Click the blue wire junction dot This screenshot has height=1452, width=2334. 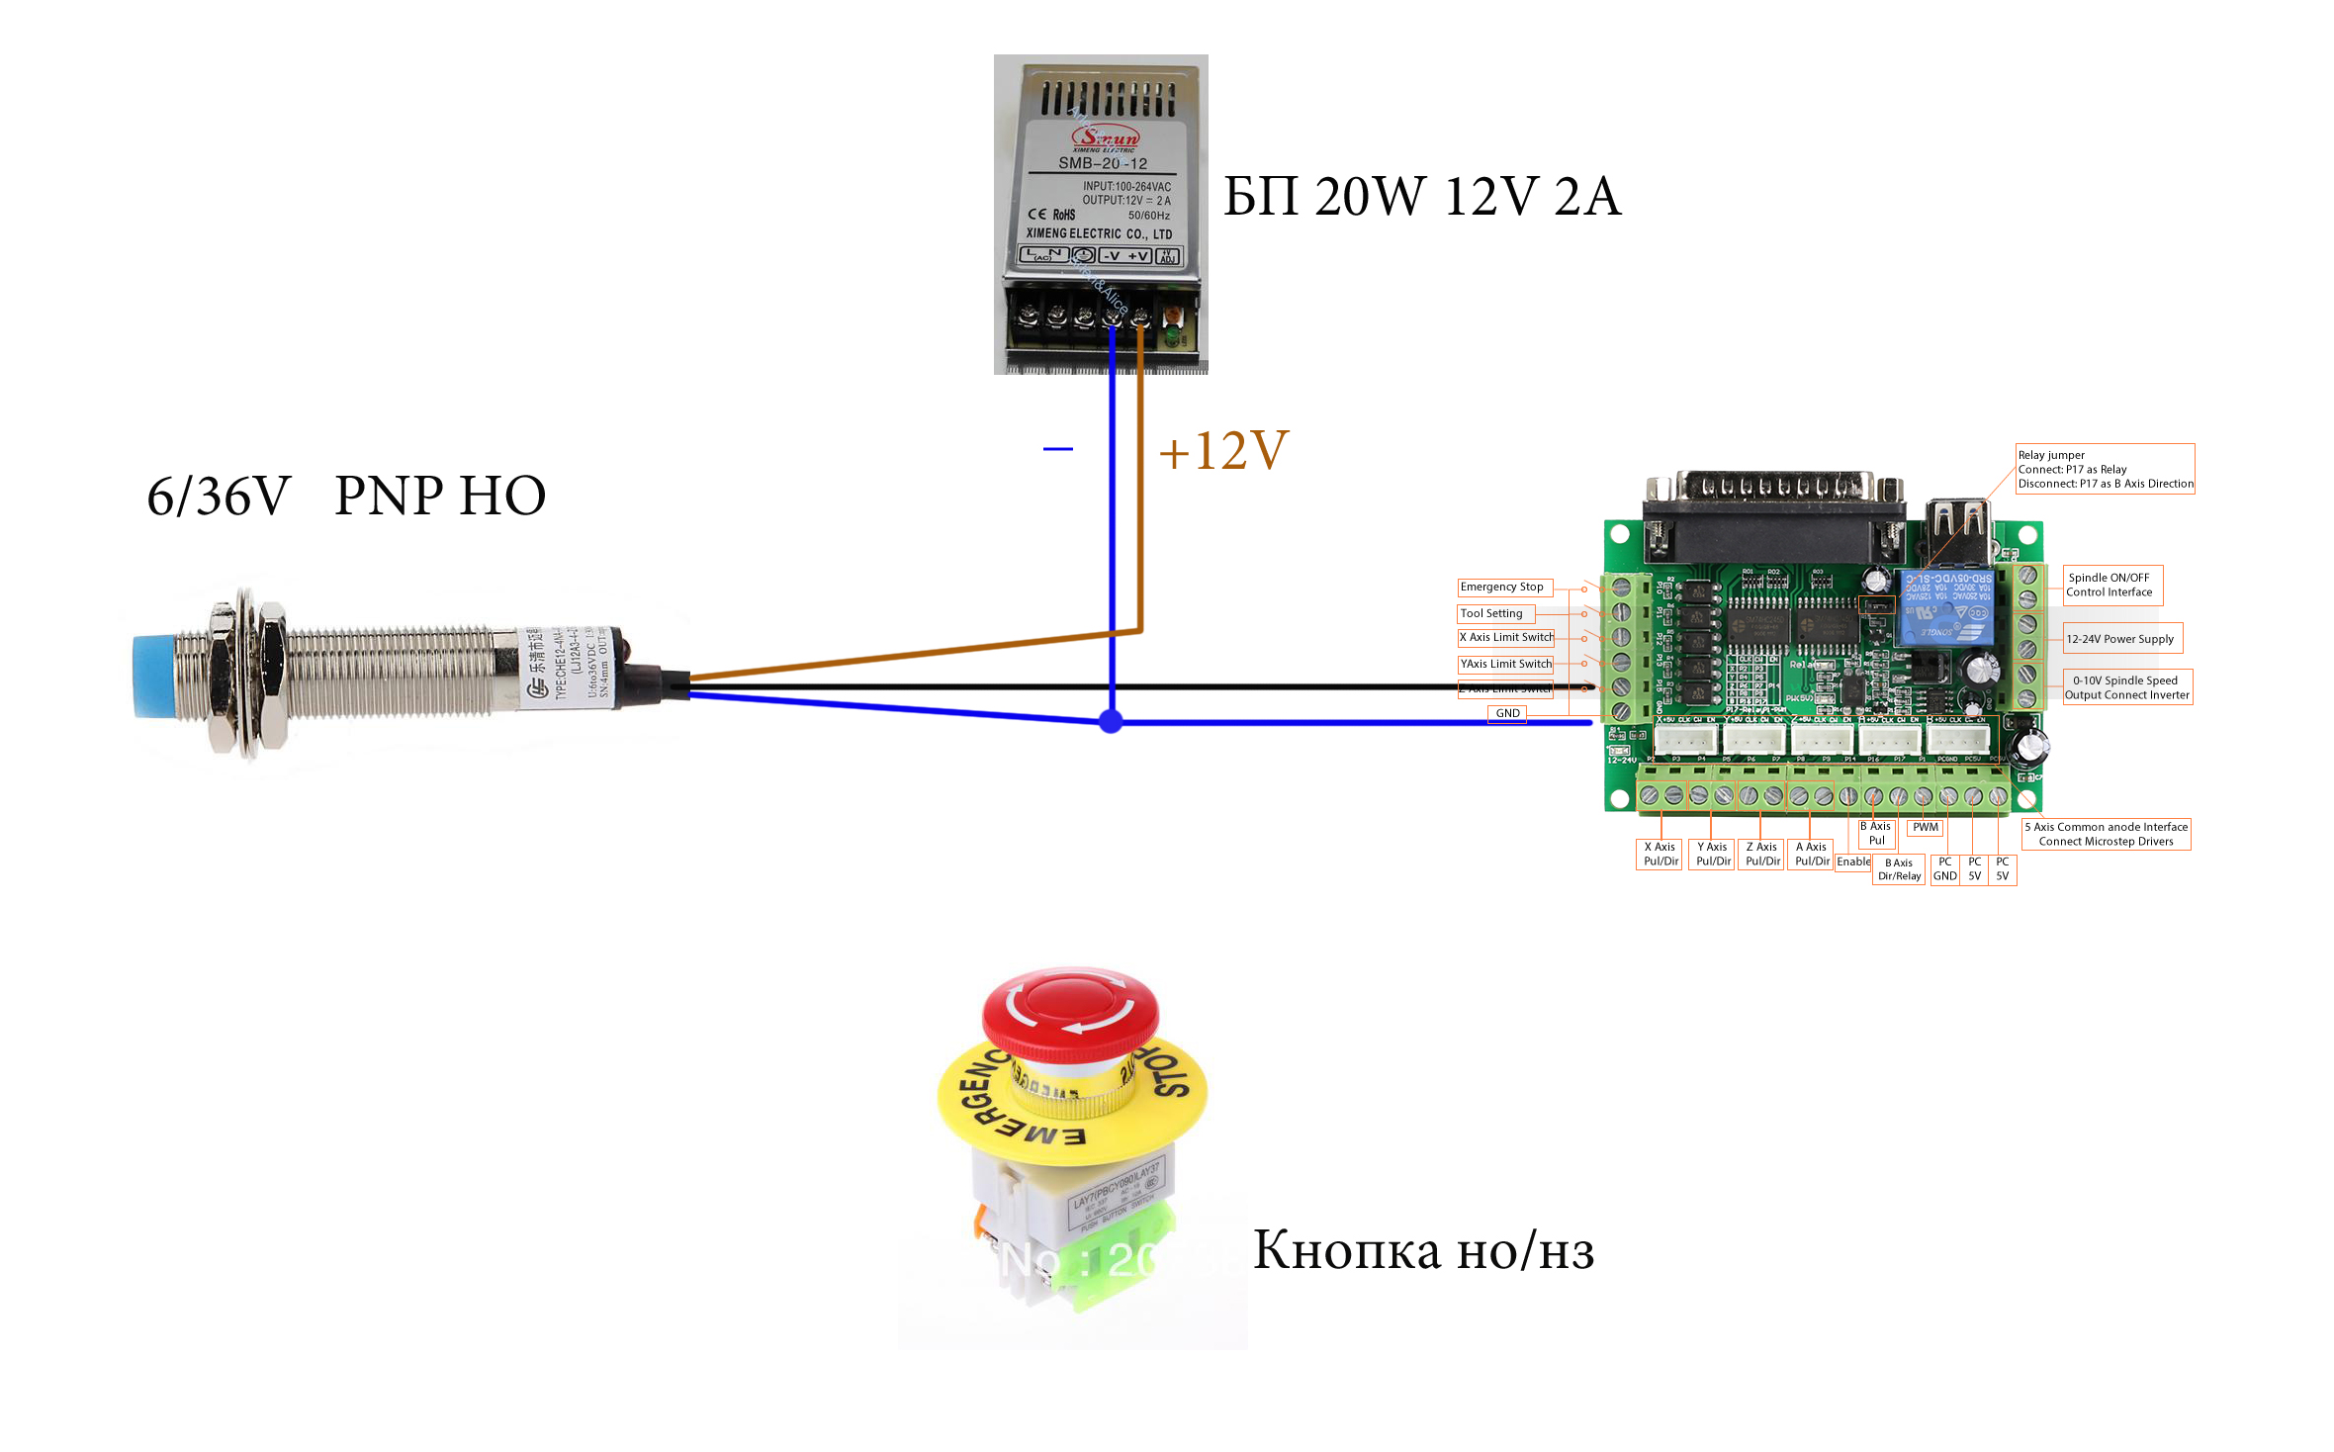coord(1112,721)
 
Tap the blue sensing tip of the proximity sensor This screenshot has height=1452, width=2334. coord(153,677)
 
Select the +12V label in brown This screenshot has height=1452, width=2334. coord(1224,451)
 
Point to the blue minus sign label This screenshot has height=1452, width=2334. coord(1057,449)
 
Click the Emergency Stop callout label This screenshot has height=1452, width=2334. coord(1503,588)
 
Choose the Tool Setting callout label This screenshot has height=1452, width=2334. coord(1493,614)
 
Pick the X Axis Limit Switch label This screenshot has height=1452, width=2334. coord(1506,638)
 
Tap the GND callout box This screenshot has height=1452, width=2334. coord(1507,713)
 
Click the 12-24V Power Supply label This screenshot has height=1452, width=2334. coord(2120,639)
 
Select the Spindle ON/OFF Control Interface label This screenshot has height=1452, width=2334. coord(2110,586)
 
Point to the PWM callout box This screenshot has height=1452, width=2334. coord(1925,828)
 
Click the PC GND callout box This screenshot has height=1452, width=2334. coord(1944,869)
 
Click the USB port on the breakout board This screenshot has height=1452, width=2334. coord(1957,532)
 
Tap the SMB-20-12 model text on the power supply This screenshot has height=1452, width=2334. coord(1103,163)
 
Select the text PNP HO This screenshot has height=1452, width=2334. coord(440,496)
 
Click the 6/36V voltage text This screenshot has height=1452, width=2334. coord(219,496)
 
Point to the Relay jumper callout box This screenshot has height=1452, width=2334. coord(2105,470)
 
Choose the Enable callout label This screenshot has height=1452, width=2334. coord(1853,862)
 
